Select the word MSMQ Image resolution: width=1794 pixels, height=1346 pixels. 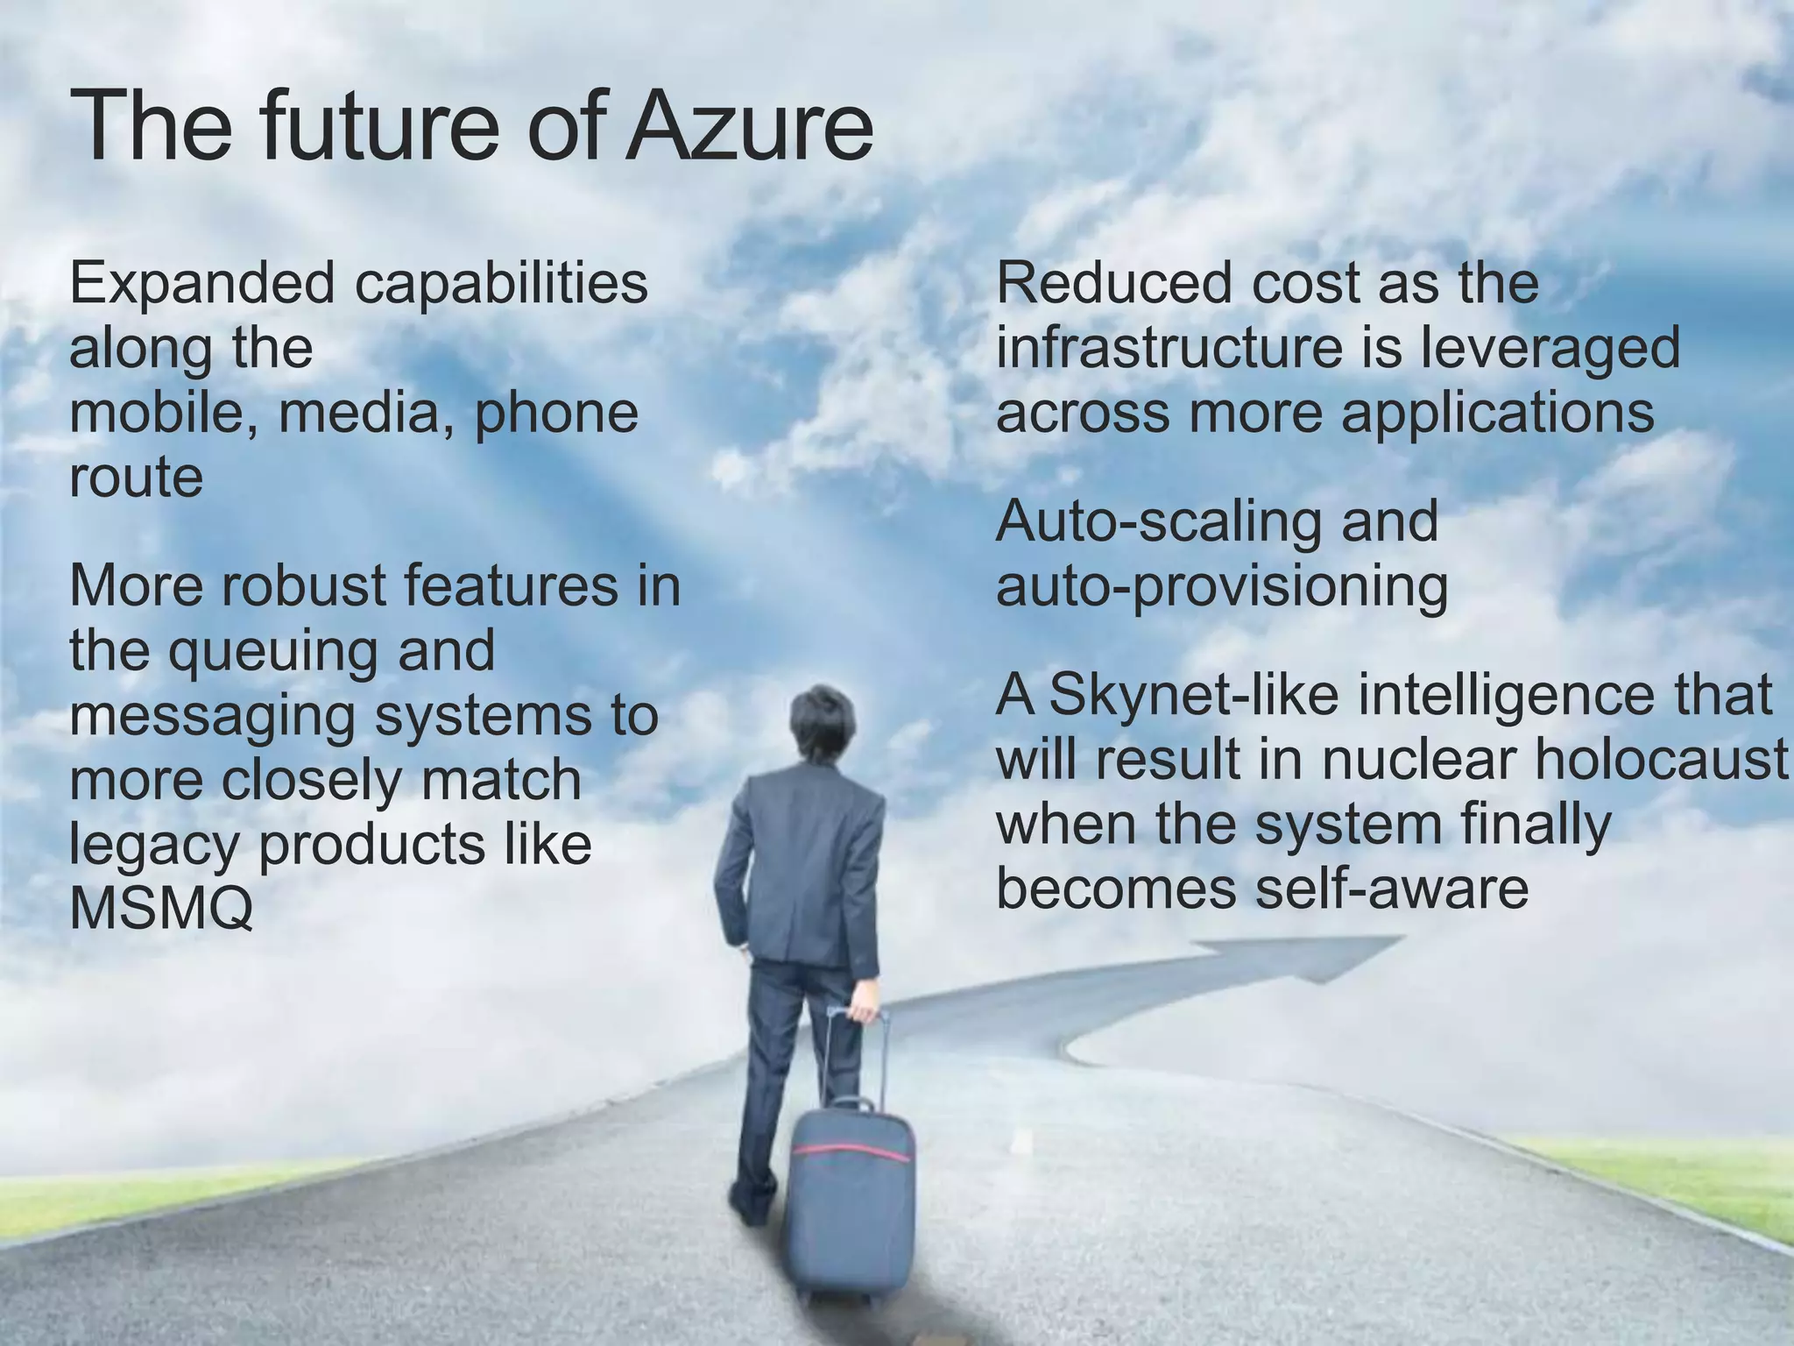click(161, 909)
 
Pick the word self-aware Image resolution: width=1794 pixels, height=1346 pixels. click(1392, 889)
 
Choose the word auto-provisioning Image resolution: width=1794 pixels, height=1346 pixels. click(1221, 587)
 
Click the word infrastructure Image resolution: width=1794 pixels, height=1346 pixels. click(1169, 348)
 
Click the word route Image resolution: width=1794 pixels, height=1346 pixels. click(136, 478)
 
